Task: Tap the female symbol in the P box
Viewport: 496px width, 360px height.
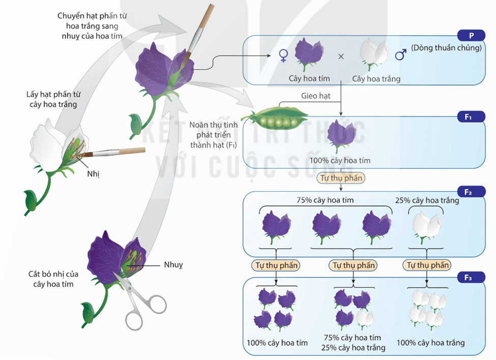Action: pyautogui.click(x=283, y=55)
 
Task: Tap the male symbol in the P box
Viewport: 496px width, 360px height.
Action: pyautogui.click(x=400, y=54)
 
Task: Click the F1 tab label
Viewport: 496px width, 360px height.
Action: pyautogui.click(x=469, y=117)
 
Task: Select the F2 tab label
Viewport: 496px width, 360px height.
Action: pyautogui.click(x=469, y=192)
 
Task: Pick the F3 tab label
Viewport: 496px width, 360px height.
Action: pyautogui.click(x=469, y=278)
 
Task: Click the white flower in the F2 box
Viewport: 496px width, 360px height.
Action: pyautogui.click(x=426, y=225)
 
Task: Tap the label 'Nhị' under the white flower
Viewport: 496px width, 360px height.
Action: pyautogui.click(x=93, y=173)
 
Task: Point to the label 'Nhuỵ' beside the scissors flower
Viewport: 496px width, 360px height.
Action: pyautogui.click(x=173, y=264)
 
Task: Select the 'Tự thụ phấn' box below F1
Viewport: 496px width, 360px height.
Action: pyautogui.click(x=340, y=178)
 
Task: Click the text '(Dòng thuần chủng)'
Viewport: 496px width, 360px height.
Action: pyautogui.click(x=446, y=48)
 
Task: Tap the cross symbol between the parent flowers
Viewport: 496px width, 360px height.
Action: pyautogui.click(x=341, y=56)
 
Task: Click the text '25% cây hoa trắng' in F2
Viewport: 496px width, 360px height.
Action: pyautogui.click(x=427, y=200)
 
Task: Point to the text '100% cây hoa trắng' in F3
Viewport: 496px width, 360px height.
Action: pyautogui.click(x=430, y=343)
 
